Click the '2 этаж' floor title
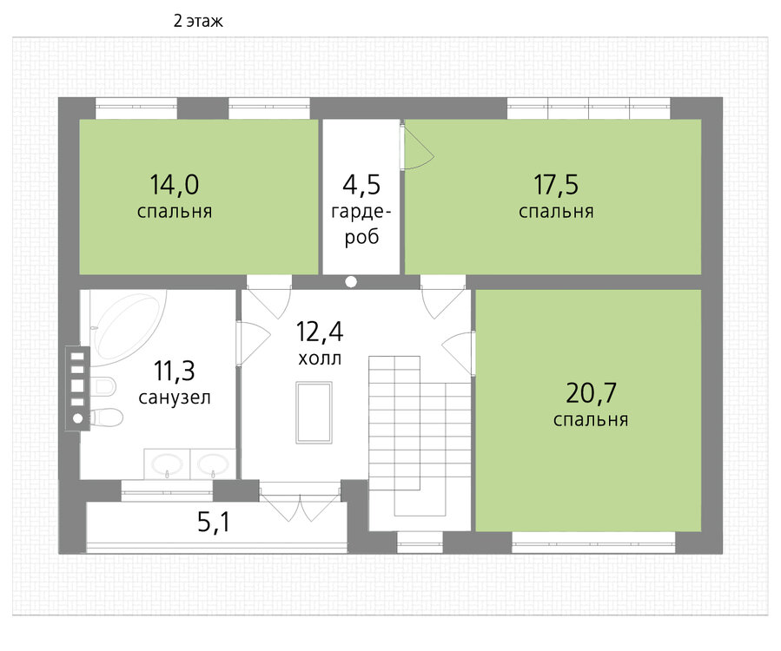[198, 22]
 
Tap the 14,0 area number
[175, 184]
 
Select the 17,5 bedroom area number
[556, 184]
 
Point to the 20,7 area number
[591, 392]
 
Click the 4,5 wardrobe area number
[361, 184]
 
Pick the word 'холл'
[320, 358]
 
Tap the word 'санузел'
[175, 398]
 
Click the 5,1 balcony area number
[214, 522]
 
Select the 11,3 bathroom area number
[175, 371]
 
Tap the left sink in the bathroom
[167, 464]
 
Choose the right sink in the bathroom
[213, 464]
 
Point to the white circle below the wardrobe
[351, 282]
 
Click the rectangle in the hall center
[314, 412]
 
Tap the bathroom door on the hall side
[253, 344]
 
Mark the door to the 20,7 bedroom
[458, 353]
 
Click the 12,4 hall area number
[320, 332]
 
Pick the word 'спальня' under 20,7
[591, 420]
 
